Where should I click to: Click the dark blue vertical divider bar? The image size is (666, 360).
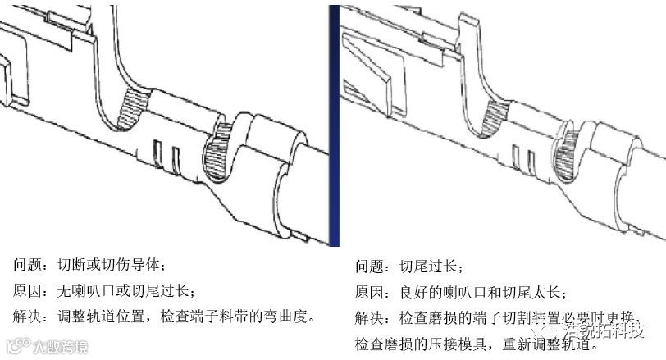334,123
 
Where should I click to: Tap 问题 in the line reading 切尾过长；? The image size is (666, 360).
368,267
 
